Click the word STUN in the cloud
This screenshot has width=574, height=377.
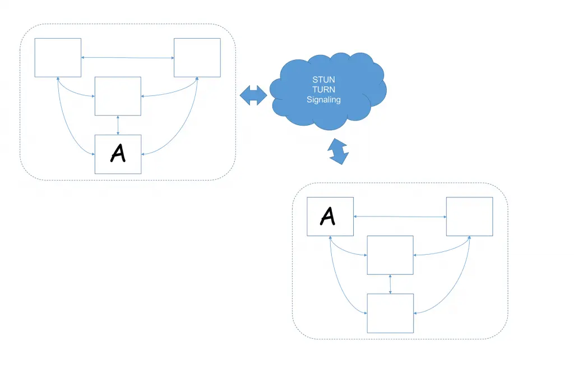pos(323,80)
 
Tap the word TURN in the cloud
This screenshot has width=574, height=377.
pos(323,90)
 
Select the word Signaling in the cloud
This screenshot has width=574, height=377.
pos(323,100)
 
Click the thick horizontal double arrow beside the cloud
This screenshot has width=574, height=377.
pos(253,95)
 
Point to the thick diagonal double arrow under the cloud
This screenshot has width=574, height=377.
pos(339,151)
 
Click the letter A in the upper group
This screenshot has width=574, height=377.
pos(118,153)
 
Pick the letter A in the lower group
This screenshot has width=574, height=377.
pos(328,215)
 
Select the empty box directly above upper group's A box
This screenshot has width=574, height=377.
pos(118,96)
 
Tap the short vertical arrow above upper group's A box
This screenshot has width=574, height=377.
pos(118,125)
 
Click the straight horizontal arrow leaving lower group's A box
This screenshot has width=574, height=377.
pos(400,217)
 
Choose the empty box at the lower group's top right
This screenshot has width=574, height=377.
pos(469,217)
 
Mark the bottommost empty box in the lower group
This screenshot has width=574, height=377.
pos(390,313)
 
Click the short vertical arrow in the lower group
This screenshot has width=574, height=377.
pos(390,284)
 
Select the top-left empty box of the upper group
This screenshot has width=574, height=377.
pos(58,57)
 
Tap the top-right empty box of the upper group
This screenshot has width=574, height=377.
pos(197,57)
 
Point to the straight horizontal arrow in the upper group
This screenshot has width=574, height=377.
pos(127,57)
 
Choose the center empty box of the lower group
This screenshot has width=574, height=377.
pos(390,255)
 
